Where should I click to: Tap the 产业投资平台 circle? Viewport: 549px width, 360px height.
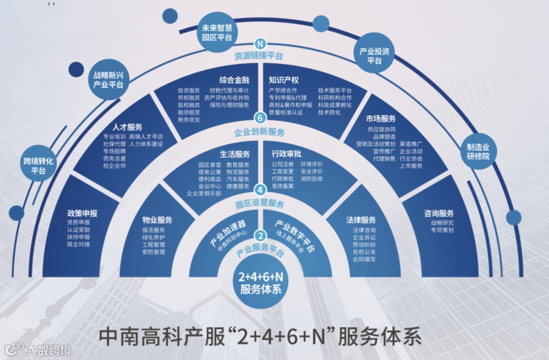click(374, 55)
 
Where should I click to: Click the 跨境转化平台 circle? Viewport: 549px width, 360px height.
click(38, 166)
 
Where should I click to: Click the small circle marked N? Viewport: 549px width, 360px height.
click(260, 44)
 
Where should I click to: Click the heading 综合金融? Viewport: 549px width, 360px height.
click(234, 80)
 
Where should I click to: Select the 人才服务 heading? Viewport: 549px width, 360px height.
click(127, 127)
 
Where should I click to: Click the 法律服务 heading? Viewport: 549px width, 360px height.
click(361, 220)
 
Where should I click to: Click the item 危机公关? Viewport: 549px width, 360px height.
click(364, 252)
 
